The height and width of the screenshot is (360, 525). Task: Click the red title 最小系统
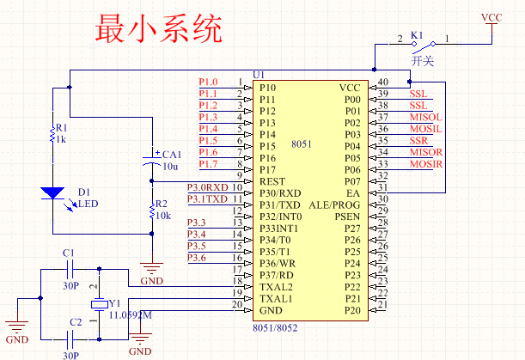click(x=159, y=30)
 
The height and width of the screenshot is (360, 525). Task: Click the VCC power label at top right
click(x=491, y=17)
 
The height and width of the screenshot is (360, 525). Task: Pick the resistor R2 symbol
click(x=152, y=211)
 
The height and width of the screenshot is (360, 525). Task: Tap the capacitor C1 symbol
click(x=70, y=268)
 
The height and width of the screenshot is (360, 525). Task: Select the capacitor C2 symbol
click(x=70, y=338)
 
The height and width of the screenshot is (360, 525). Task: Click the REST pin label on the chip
click(x=272, y=181)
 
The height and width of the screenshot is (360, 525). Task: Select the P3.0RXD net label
click(x=208, y=186)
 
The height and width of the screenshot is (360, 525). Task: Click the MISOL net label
click(x=425, y=116)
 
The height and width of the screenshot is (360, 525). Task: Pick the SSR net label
click(x=418, y=140)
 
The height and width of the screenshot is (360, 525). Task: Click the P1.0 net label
click(x=208, y=82)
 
